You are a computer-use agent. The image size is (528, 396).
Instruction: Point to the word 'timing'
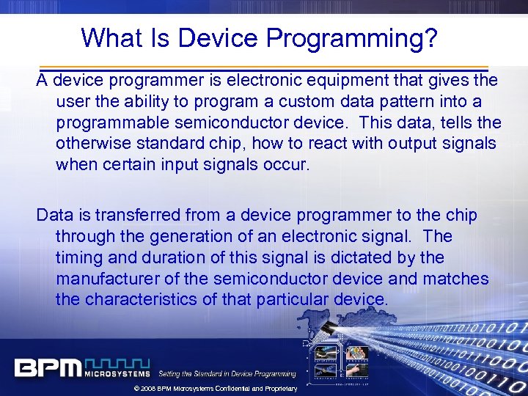78,257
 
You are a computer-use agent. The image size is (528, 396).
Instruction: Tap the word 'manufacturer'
111,279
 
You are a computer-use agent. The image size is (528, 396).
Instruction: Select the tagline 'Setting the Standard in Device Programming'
227,374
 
